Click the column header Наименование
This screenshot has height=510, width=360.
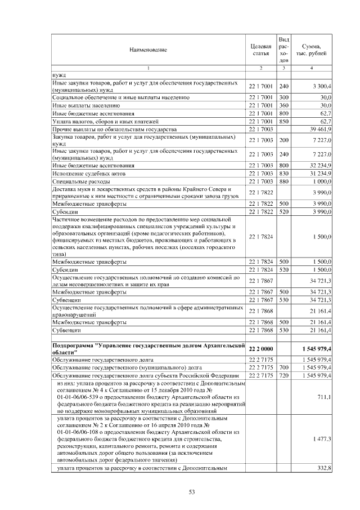tap(148, 50)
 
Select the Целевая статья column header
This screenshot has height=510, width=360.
tap(260, 50)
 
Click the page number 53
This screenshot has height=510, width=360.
tap(191, 492)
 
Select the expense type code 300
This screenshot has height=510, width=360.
tap(283, 97)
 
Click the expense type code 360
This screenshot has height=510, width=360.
tap(283, 105)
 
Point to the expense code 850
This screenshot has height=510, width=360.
tap(283, 121)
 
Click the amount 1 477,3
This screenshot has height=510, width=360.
tap(322, 438)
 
